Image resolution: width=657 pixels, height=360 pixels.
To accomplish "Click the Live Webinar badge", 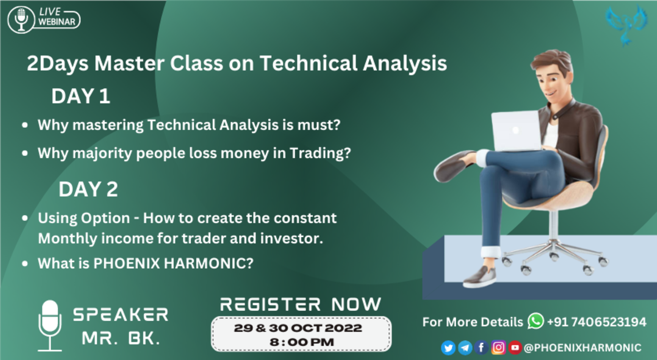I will click(44, 19).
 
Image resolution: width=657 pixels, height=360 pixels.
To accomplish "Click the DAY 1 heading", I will click(80, 96).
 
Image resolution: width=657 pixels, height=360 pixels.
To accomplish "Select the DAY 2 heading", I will click(88, 189).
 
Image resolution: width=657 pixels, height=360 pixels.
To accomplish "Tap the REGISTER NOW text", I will click(301, 304).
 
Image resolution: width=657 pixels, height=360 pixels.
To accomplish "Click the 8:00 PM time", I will click(302, 342).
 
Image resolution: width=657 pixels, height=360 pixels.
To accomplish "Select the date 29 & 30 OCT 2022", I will click(298, 329).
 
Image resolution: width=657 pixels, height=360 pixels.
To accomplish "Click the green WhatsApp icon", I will click(535, 321).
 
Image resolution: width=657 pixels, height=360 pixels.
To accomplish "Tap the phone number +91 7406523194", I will click(597, 322).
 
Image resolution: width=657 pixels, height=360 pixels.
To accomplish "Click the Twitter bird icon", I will click(448, 347).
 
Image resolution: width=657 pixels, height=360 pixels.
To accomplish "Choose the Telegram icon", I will click(465, 347).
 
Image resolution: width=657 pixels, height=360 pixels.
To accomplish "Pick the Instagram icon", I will click(498, 347).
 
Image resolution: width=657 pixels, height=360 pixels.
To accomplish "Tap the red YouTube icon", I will click(515, 347).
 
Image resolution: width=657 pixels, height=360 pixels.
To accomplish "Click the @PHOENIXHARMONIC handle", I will click(582, 348).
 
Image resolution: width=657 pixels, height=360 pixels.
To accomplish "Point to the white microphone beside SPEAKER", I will click(50, 325).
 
